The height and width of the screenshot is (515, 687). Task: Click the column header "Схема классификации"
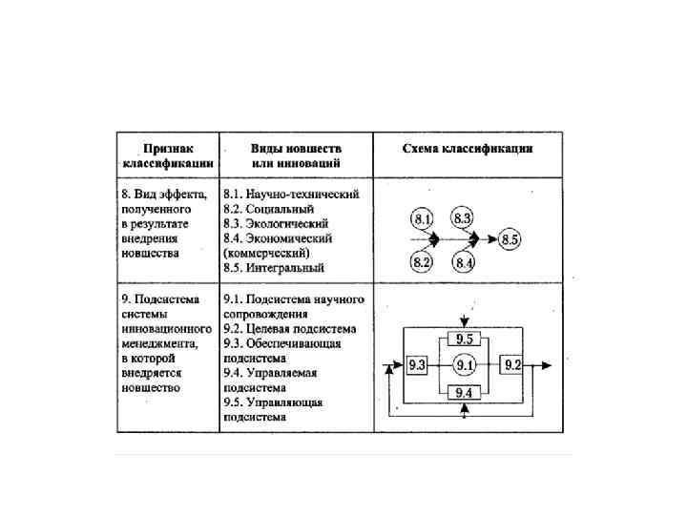point(468,149)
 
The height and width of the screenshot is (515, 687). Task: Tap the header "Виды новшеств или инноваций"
point(296,156)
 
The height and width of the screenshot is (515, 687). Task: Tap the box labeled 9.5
point(464,339)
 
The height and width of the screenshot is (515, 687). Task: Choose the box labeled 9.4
point(464,391)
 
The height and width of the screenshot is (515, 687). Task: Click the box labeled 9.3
point(416,365)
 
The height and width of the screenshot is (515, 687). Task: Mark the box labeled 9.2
point(512,365)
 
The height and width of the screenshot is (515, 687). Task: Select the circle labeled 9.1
point(464,365)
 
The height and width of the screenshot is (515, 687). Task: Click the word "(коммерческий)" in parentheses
point(266,253)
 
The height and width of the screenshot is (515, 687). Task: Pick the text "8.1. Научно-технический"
point(290,194)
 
